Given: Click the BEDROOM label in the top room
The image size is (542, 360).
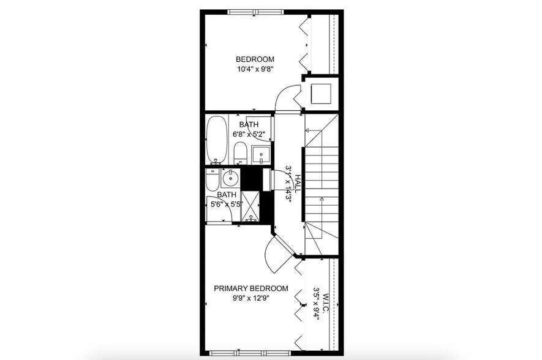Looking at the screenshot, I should click(x=255, y=59).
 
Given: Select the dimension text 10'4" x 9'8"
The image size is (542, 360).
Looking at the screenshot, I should click(x=255, y=69).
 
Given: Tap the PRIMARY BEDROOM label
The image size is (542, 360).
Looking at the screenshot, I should click(x=250, y=288).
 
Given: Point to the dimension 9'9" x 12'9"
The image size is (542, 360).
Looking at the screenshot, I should click(x=250, y=298).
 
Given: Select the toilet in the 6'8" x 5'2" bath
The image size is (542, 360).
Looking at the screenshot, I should click(x=240, y=152).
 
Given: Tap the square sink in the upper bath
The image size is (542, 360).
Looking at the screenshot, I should click(x=262, y=156).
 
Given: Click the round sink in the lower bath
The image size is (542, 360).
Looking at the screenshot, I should click(x=230, y=180).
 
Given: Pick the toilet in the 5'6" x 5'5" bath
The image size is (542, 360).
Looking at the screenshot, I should click(x=212, y=181).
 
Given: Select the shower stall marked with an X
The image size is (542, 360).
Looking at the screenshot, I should click(x=250, y=206).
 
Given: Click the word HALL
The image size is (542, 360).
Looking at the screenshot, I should click(x=298, y=183).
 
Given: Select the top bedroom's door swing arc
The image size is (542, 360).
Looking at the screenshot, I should click(x=285, y=98).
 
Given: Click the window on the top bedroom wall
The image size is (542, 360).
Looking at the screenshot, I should click(x=255, y=12).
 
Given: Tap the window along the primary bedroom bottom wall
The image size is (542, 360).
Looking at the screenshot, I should click(x=250, y=353).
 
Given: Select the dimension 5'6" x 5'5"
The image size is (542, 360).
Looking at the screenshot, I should click(x=227, y=204).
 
